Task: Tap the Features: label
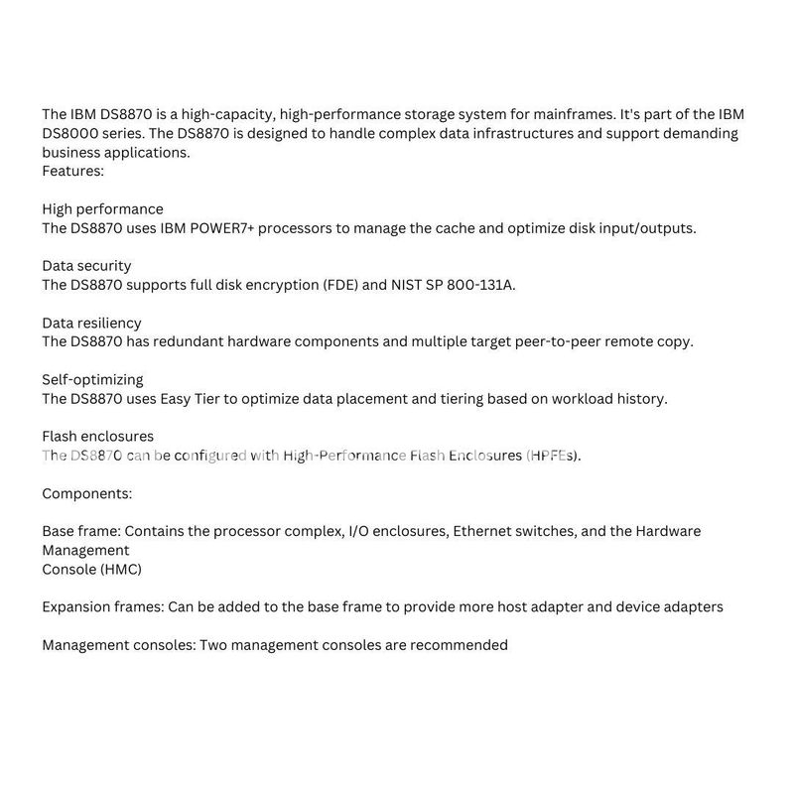click(x=72, y=172)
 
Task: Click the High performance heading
click(x=102, y=209)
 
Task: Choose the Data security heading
click(x=86, y=266)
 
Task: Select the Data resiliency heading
click(x=91, y=324)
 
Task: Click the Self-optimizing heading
click(x=92, y=380)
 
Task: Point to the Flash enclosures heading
click(x=97, y=437)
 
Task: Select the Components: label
click(x=86, y=493)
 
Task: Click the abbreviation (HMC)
click(x=119, y=569)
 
